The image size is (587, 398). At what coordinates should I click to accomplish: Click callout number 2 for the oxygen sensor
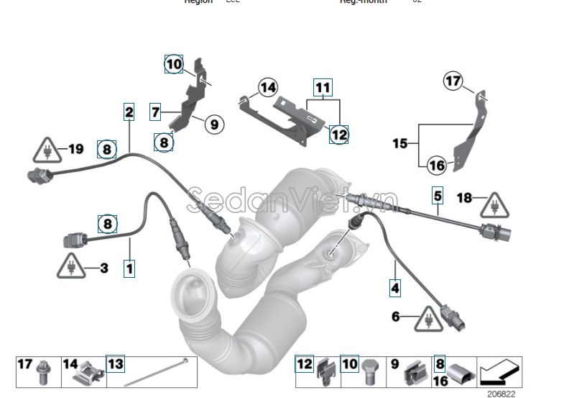129,112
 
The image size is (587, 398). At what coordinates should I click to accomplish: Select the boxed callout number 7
154,112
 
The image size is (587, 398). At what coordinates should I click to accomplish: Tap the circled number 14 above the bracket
267,88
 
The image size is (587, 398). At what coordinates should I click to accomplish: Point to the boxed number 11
323,89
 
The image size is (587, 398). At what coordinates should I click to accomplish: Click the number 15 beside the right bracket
399,143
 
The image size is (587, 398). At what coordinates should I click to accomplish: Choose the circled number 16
437,165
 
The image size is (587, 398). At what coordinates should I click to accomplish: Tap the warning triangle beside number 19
46,151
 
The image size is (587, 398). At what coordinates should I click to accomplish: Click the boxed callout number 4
395,289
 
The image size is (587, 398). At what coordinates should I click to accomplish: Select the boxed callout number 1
129,269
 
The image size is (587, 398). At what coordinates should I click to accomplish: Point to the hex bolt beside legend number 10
371,370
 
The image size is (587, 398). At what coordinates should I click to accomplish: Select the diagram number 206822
500,394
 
